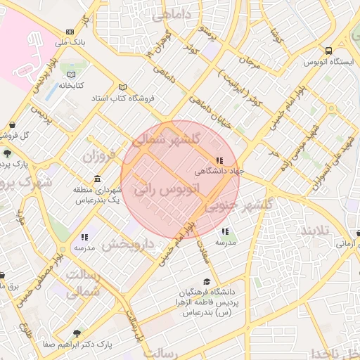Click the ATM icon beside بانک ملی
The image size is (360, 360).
click(70, 32)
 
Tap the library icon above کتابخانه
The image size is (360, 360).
click(70, 74)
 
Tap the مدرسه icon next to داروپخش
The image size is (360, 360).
click(84, 238)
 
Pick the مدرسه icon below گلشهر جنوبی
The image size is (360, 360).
click(224, 231)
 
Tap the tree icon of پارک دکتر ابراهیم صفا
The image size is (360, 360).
click(77, 333)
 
